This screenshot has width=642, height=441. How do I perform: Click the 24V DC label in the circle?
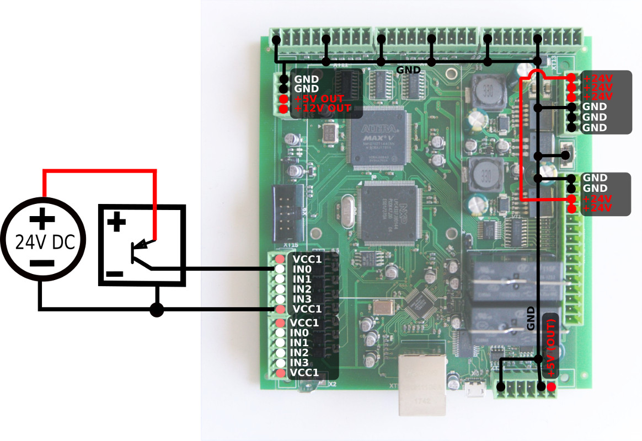coord(42,242)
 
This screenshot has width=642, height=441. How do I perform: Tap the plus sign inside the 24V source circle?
coord(42,220)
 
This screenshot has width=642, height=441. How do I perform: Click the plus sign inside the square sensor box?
coord(116,223)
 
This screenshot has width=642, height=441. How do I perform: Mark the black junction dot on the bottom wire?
coord(157,310)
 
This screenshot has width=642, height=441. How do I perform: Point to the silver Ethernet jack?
coord(423,384)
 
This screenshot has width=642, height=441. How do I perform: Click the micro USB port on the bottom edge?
coord(473,391)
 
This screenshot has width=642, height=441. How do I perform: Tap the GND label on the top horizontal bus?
coord(408,70)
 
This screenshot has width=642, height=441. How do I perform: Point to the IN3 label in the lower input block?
coord(299,362)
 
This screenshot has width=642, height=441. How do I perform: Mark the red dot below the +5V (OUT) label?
coord(551,387)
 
